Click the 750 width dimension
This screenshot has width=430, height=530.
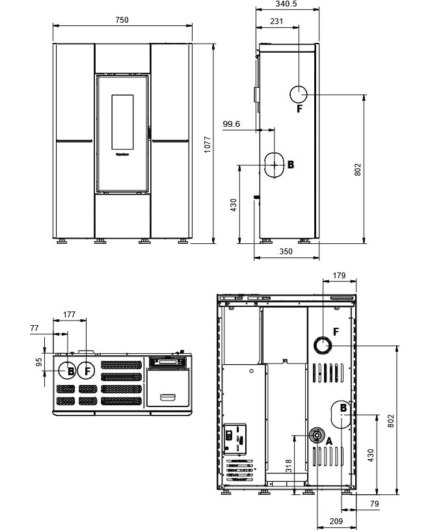coord(122,20)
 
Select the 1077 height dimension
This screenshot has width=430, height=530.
coord(208,144)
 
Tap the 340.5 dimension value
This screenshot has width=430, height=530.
coord(286,4)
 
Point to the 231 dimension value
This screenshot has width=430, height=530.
coord(276,21)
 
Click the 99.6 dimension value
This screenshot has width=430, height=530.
coord(232,123)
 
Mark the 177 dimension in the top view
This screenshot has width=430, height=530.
coord(70,314)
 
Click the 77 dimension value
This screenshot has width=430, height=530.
coord(35,329)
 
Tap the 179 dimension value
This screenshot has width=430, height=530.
coord(339,276)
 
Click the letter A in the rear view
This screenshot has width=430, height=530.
coord(329,440)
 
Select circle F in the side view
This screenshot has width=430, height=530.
coord(299,94)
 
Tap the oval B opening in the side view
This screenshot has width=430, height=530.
coord(274,165)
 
